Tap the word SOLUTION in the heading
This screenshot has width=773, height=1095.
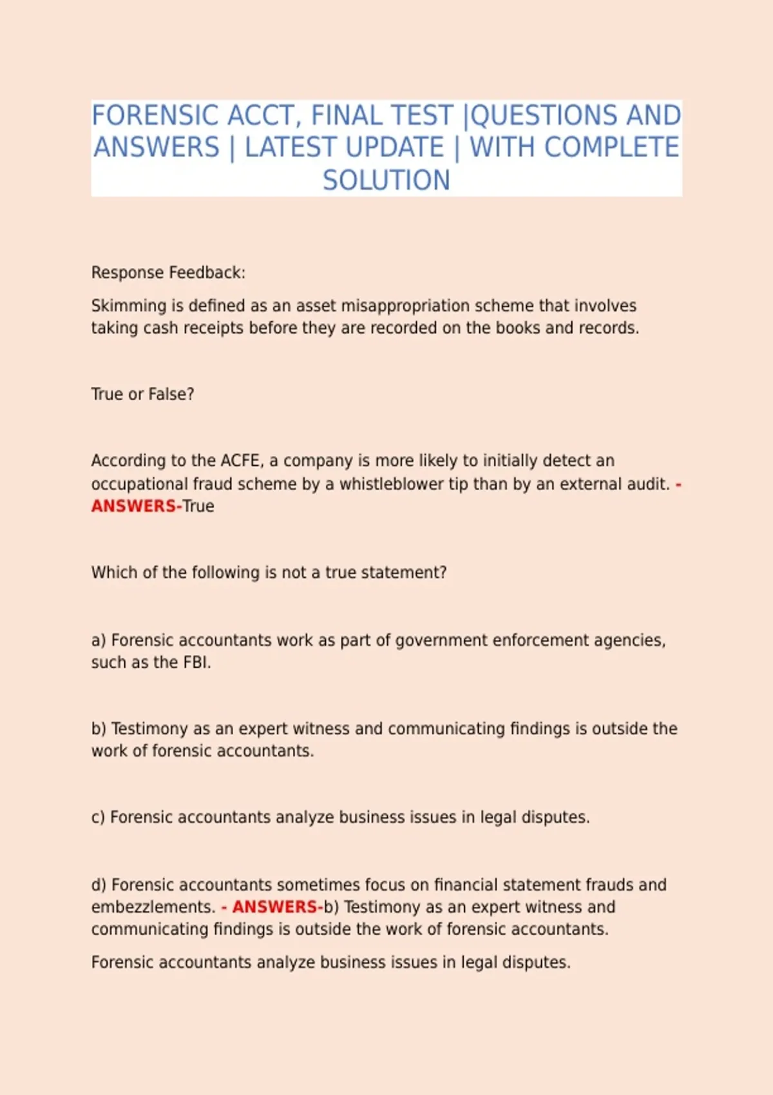pyautogui.click(x=386, y=180)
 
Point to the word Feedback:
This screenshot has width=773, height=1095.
pyautogui.click(x=207, y=272)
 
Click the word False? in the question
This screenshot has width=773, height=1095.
pyautogui.click(x=171, y=394)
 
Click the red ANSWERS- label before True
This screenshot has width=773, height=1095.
pyautogui.click(x=136, y=506)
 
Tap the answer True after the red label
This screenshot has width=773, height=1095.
pyautogui.click(x=198, y=506)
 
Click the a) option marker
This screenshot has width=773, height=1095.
pyautogui.click(x=98, y=640)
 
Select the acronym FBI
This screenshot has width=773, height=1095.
pyautogui.click(x=196, y=662)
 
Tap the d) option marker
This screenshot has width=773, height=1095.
pyautogui.click(x=98, y=885)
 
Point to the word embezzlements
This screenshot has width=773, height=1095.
pyautogui.click(x=153, y=907)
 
